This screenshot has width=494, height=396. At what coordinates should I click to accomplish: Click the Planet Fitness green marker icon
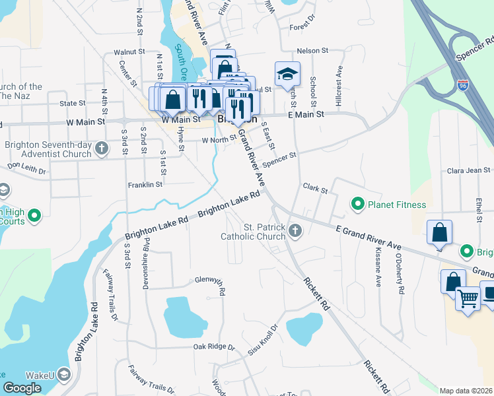pos(358,205)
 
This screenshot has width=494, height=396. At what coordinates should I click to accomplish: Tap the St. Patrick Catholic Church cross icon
pos(295,231)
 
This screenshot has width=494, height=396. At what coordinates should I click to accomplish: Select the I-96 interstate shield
pos(463,85)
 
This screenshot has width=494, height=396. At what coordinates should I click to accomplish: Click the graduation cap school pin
pos(287,75)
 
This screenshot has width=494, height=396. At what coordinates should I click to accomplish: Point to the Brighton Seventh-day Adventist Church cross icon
pos(101,148)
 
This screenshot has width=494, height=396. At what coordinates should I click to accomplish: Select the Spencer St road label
pos(280,160)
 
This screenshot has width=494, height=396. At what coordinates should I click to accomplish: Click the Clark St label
pos(315,189)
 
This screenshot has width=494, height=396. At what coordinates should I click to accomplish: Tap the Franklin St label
pos(145,185)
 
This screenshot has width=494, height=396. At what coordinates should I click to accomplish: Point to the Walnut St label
pos(128,51)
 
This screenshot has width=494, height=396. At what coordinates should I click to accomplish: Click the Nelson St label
pos(312,51)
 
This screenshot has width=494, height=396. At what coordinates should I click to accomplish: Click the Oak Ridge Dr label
pos(214,346)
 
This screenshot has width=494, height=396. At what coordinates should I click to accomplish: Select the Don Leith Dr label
pos(26,169)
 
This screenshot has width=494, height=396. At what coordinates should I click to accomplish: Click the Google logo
pos(22,388)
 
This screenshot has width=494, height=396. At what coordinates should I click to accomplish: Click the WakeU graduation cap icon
pos(64,375)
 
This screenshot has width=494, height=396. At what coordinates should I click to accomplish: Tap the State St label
pos(73,104)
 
